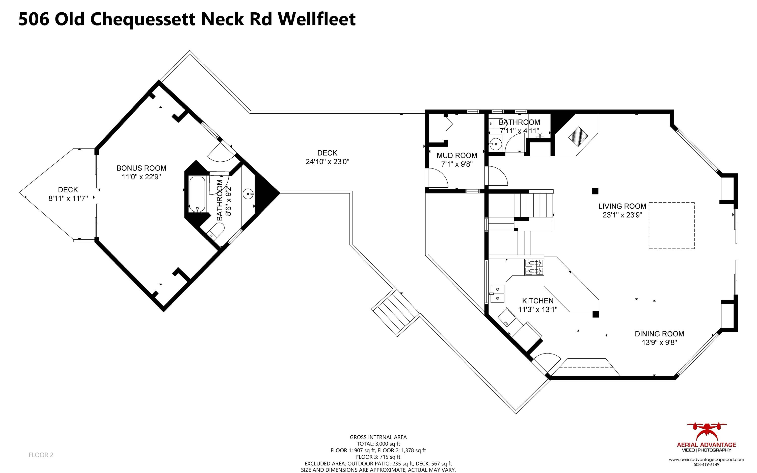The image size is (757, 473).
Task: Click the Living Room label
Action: (622, 206)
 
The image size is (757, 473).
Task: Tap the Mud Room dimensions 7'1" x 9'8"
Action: (457, 164)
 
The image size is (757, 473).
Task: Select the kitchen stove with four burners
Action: (534, 267)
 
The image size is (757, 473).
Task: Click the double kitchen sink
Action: (497, 294)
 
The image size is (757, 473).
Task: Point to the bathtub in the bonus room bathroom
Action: (197, 194)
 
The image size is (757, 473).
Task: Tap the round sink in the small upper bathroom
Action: (495, 144)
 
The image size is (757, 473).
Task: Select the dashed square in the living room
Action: (671, 225)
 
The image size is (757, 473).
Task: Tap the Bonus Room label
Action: (141, 168)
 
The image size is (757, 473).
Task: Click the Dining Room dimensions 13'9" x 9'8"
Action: (659, 342)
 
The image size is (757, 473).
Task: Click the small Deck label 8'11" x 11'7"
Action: (68, 198)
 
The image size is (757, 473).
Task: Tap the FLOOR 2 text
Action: (41, 455)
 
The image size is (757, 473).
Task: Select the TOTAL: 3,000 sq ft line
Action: (378, 444)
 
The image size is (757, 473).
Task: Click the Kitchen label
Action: (537, 301)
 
